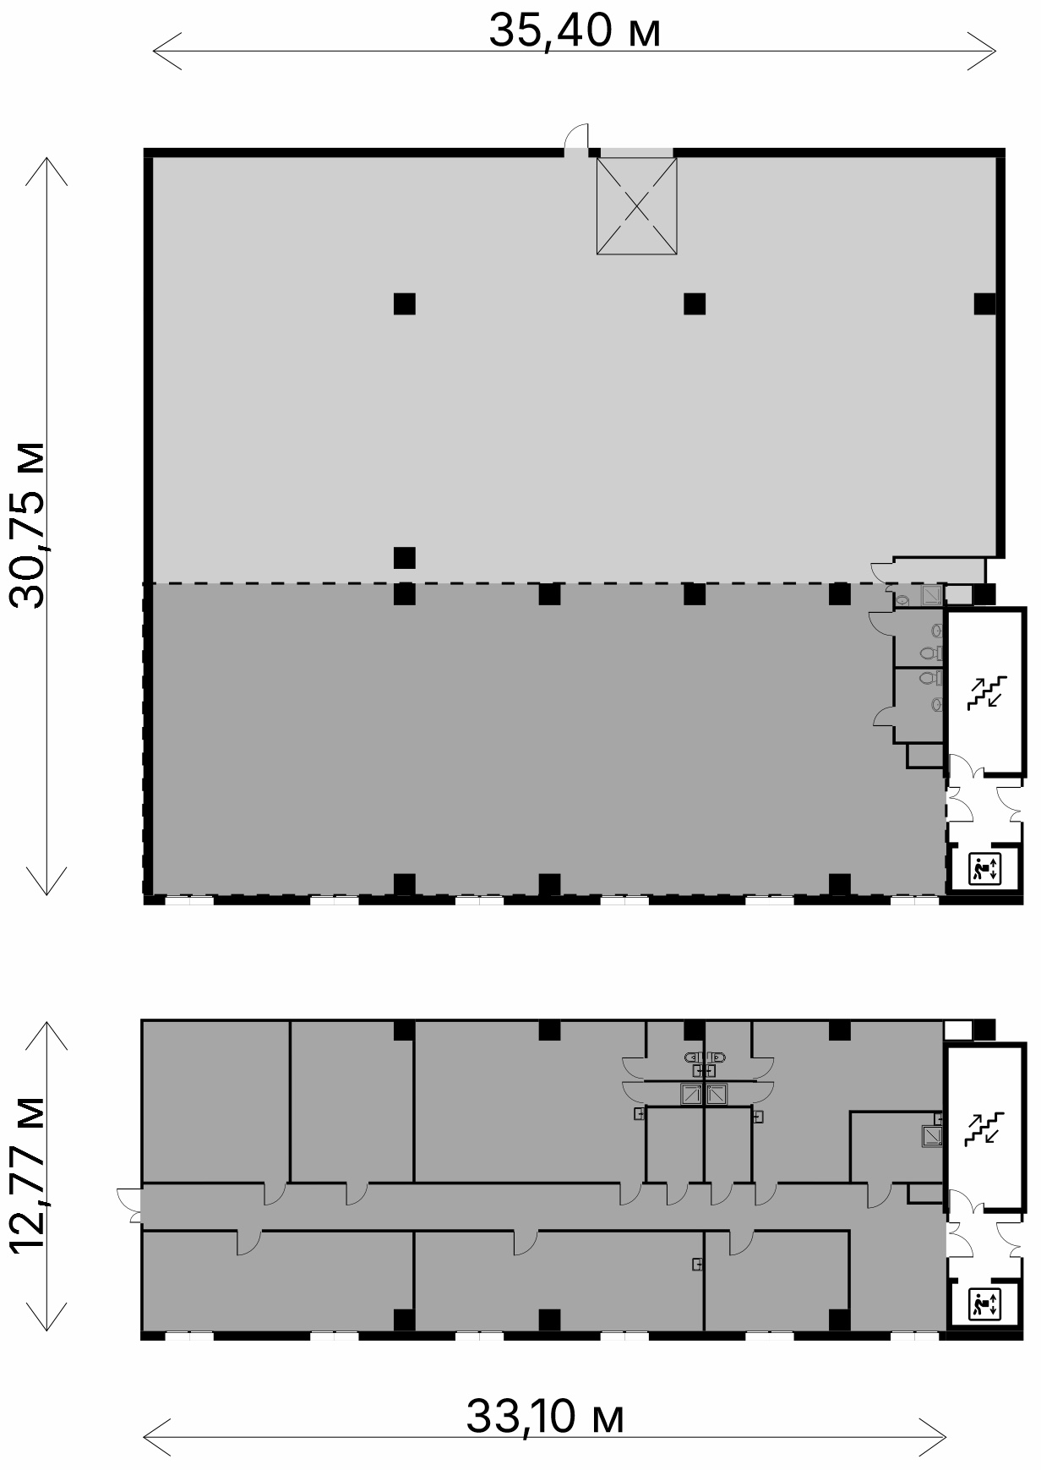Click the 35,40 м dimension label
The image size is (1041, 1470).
pyautogui.click(x=575, y=33)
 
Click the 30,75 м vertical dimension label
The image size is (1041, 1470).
pyautogui.click(x=26, y=524)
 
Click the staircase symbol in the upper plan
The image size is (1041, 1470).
pyautogui.click(x=987, y=691)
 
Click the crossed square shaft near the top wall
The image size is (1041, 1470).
pyautogui.click(x=637, y=206)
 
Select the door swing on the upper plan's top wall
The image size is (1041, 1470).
pyautogui.click(x=577, y=136)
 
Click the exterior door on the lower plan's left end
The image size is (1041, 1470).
pyautogui.click(x=129, y=1204)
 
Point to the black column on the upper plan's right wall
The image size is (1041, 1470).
pyautogui.click(x=984, y=303)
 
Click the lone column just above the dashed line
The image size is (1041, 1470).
pyautogui.click(x=405, y=558)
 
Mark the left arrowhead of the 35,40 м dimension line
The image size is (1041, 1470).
pyautogui.click(x=166, y=51)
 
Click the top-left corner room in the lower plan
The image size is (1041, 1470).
pyautogui.click(x=216, y=1101)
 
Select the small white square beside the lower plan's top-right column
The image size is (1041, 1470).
pyautogui.click(x=957, y=1030)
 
